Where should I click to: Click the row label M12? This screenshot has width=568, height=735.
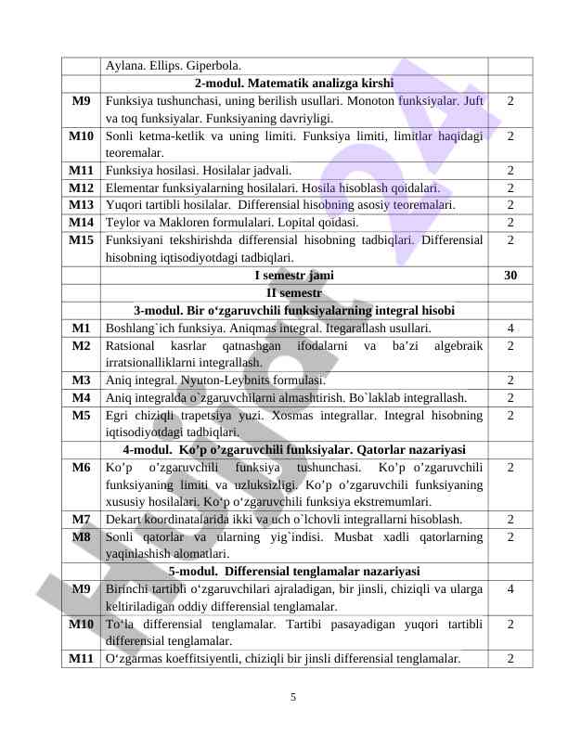(x=82, y=187)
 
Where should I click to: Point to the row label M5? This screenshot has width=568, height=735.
(x=82, y=415)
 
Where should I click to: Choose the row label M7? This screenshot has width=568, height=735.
(x=82, y=520)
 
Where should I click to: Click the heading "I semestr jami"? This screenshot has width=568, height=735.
(x=293, y=276)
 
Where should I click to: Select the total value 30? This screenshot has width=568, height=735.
(x=510, y=276)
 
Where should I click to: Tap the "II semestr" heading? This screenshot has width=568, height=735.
(x=293, y=293)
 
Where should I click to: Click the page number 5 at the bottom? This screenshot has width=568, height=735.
(x=292, y=697)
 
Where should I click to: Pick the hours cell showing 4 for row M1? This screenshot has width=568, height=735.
(x=510, y=328)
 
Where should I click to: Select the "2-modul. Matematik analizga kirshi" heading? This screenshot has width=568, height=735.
(x=293, y=84)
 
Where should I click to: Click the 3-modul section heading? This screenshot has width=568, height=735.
(x=293, y=311)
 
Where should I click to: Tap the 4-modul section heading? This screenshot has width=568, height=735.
(x=293, y=450)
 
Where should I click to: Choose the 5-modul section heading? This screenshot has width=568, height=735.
(x=293, y=571)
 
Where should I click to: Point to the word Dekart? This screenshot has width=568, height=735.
(x=125, y=520)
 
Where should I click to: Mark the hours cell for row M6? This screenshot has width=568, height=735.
(x=510, y=467)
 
